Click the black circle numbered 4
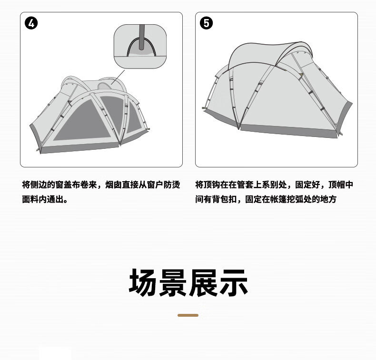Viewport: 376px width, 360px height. click(31, 23)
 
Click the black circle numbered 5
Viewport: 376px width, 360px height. click(206, 23)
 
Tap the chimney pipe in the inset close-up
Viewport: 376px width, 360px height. click(142, 37)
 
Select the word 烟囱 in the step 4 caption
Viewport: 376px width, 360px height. click(113, 185)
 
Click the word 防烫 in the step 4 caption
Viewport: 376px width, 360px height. click(172, 185)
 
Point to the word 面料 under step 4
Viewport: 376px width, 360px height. click(30, 199)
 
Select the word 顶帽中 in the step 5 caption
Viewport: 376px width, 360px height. click(341, 185)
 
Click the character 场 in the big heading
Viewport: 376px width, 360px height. click(143, 282)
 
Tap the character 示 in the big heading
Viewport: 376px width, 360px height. click(234, 282)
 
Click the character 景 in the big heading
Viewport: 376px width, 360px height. click(173, 282)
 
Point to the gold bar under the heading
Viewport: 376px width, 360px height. click(188, 315)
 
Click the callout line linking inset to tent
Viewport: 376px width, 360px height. click(118, 77)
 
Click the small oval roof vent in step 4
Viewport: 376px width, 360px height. click(105, 86)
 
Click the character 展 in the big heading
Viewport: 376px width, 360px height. click(203, 282)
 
